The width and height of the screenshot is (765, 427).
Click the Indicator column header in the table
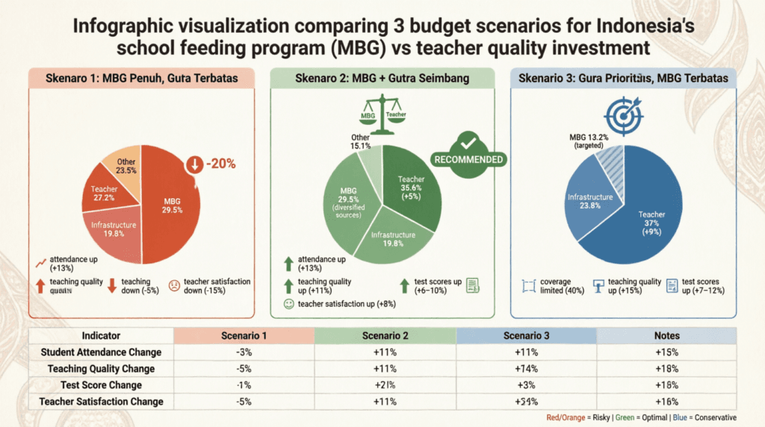click(x=101, y=336)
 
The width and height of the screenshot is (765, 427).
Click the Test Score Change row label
click(x=101, y=385)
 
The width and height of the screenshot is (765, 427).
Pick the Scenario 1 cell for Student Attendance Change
click(x=243, y=352)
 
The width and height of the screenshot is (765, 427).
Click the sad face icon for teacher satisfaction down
click(x=173, y=285)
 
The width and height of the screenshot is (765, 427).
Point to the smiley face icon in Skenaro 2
click(x=288, y=304)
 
